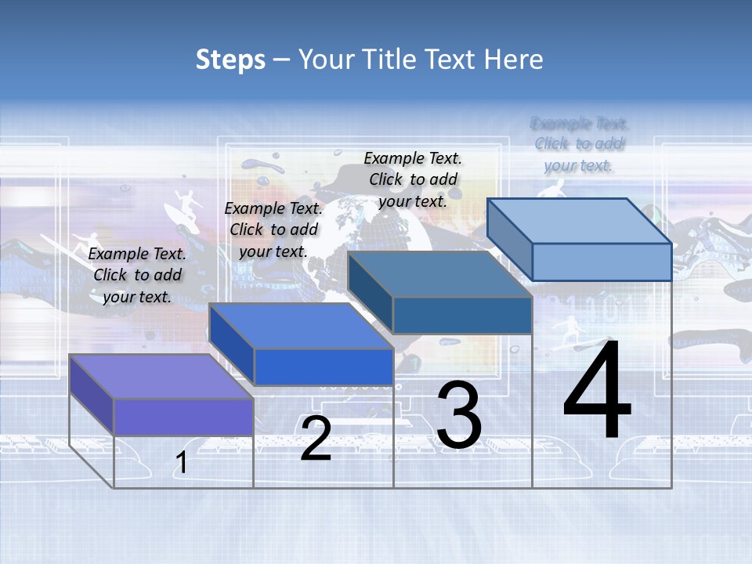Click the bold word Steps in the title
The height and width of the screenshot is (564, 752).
[230, 60]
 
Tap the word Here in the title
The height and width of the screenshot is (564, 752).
[514, 60]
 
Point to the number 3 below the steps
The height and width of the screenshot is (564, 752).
[459, 415]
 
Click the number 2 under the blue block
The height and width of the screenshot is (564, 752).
[316, 439]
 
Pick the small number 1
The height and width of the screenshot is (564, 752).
[181, 463]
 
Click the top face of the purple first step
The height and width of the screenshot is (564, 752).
[161, 376]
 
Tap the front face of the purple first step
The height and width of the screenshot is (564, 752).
[183, 417]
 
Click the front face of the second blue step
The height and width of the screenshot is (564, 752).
[323, 367]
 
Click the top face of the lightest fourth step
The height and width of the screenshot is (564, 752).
[580, 221]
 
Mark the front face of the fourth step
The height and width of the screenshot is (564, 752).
[602, 262]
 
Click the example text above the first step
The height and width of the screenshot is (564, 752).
[137, 275]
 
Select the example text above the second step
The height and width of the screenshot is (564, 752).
[273, 230]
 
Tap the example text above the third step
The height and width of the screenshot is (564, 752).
[413, 179]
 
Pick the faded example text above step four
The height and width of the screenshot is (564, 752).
[579, 144]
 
